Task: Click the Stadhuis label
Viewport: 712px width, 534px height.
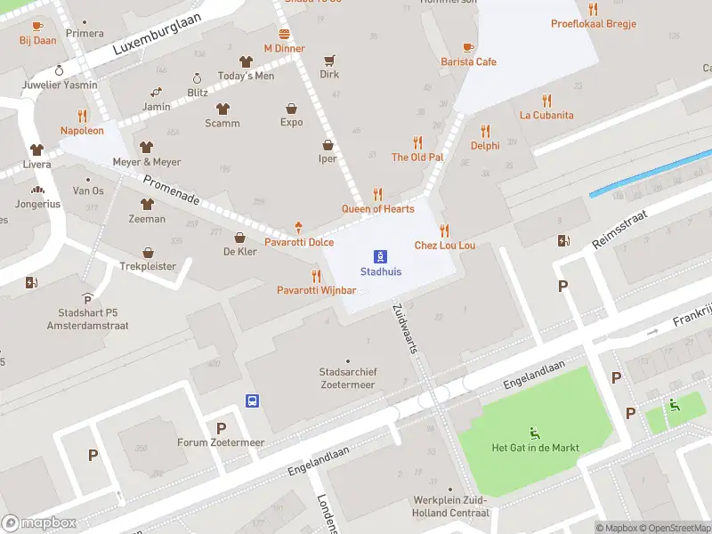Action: point(380,271)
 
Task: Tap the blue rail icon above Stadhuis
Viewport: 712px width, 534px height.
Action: point(380,255)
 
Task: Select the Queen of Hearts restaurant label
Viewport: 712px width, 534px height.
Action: point(377,209)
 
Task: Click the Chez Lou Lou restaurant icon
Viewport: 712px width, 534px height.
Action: point(444,230)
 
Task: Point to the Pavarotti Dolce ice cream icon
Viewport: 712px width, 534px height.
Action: point(298,228)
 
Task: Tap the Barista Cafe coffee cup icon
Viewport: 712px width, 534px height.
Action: point(468,47)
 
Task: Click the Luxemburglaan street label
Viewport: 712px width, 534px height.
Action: point(158,36)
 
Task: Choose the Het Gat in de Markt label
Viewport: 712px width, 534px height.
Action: point(535,448)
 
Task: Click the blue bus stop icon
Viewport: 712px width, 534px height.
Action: point(253,400)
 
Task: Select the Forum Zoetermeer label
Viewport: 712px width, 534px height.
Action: point(221,442)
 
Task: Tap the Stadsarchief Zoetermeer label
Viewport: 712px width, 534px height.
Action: point(347,378)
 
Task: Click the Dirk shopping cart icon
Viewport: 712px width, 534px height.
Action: point(329,61)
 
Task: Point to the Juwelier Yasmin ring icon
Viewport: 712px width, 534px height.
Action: point(60,70)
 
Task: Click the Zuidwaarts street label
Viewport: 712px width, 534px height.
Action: point(405,328)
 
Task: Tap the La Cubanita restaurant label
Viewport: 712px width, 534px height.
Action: point(546,115)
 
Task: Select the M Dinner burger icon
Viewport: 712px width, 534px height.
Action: point(284,34)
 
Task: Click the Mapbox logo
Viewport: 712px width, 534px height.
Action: point(39,523)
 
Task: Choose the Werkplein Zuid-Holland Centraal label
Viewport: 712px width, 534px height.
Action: point(451,506)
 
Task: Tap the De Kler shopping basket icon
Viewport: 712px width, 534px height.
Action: point(239,238)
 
